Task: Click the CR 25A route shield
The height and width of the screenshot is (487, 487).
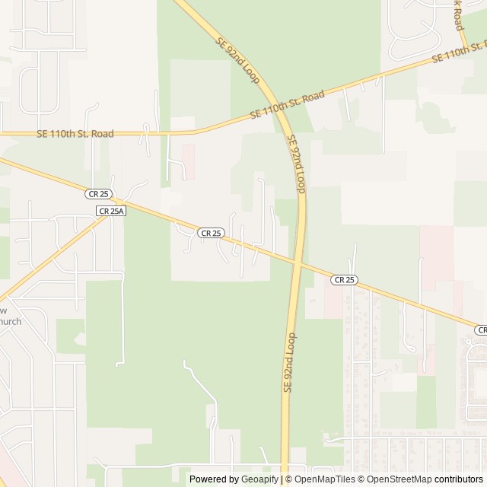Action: [x=110, y=211]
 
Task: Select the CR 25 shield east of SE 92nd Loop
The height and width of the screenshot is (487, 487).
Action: [x=344, y=280]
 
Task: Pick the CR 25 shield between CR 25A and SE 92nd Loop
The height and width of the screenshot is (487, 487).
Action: [x=212, y=233]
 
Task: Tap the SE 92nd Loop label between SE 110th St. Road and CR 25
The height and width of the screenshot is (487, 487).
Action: [x=297, y=164]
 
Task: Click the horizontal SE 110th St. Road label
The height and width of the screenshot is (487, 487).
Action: [x=75, y=134]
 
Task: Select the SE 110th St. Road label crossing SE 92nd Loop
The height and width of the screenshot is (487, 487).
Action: [x=288, y=106]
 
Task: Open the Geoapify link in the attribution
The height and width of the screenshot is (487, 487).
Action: [x=260, y=479]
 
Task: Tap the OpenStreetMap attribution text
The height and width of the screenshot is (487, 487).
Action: [x=396, y=479]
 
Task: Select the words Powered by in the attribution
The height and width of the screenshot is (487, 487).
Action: [x=214, y=479]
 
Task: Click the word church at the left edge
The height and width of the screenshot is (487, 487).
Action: [x=11, y=321]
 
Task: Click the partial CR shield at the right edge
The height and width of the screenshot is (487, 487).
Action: [x=481, y=329]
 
